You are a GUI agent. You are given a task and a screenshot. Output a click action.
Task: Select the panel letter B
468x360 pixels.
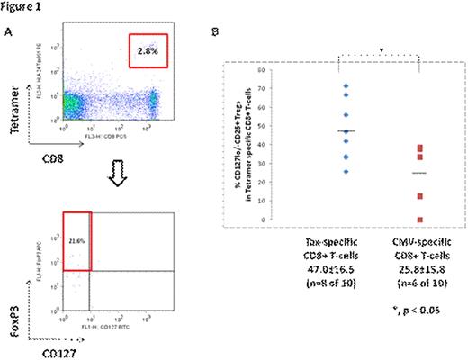[238, 32]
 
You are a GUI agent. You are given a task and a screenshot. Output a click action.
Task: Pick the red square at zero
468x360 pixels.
[420, 219]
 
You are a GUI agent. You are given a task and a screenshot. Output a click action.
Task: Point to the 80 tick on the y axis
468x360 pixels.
[284, 69]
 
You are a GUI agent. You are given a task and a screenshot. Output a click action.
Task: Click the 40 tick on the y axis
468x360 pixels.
[284, 144]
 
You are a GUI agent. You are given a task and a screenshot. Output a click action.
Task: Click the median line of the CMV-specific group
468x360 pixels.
[420, 172]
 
